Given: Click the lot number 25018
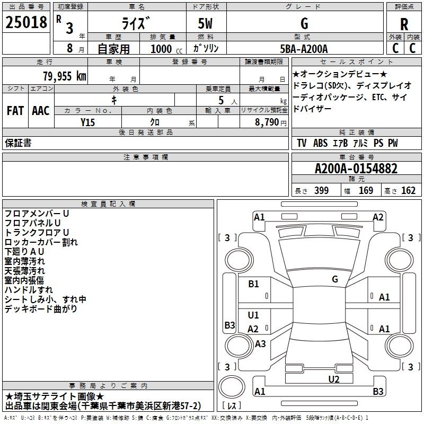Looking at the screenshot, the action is [26, 22].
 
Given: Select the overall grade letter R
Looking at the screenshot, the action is [404, 24].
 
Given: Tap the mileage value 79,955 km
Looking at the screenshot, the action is [65, 76].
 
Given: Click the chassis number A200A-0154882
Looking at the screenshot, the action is [356, 169].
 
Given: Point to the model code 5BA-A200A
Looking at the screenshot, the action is [304, 49].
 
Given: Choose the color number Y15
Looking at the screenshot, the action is [87, 122].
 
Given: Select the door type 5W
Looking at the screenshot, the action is [205, 23].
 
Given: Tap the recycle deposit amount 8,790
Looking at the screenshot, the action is [267, 122].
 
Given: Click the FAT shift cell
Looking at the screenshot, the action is [15, 111].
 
